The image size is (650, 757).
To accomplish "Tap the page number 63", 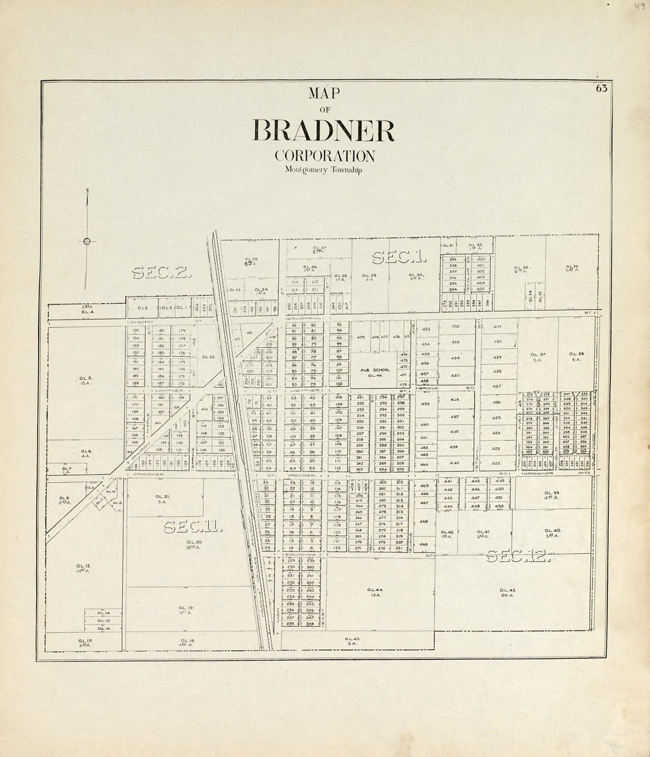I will [602, 89].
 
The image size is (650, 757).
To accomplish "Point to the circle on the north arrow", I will [87, 241].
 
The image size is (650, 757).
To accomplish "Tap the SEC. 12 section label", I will [518, 556].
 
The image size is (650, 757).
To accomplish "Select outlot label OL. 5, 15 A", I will [86, 380].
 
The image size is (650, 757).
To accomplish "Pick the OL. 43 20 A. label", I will [508, 593].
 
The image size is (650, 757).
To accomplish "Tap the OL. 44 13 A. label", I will [375, 593].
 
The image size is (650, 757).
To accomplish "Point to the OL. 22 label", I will [207, 357].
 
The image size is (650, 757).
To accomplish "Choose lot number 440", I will [454, 463].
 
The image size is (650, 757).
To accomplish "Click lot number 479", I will [360, 337].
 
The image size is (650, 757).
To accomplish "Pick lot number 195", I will [135, 330].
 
